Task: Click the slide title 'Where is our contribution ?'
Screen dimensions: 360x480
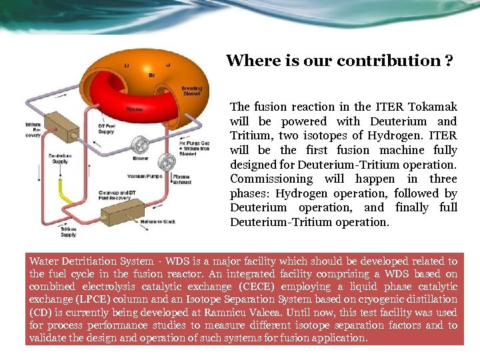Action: (340, 61)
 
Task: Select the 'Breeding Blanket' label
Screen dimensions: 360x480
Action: (191, 91)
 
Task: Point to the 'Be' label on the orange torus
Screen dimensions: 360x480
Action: (151, 75)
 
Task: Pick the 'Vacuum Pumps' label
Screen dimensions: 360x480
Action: (142, 177)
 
